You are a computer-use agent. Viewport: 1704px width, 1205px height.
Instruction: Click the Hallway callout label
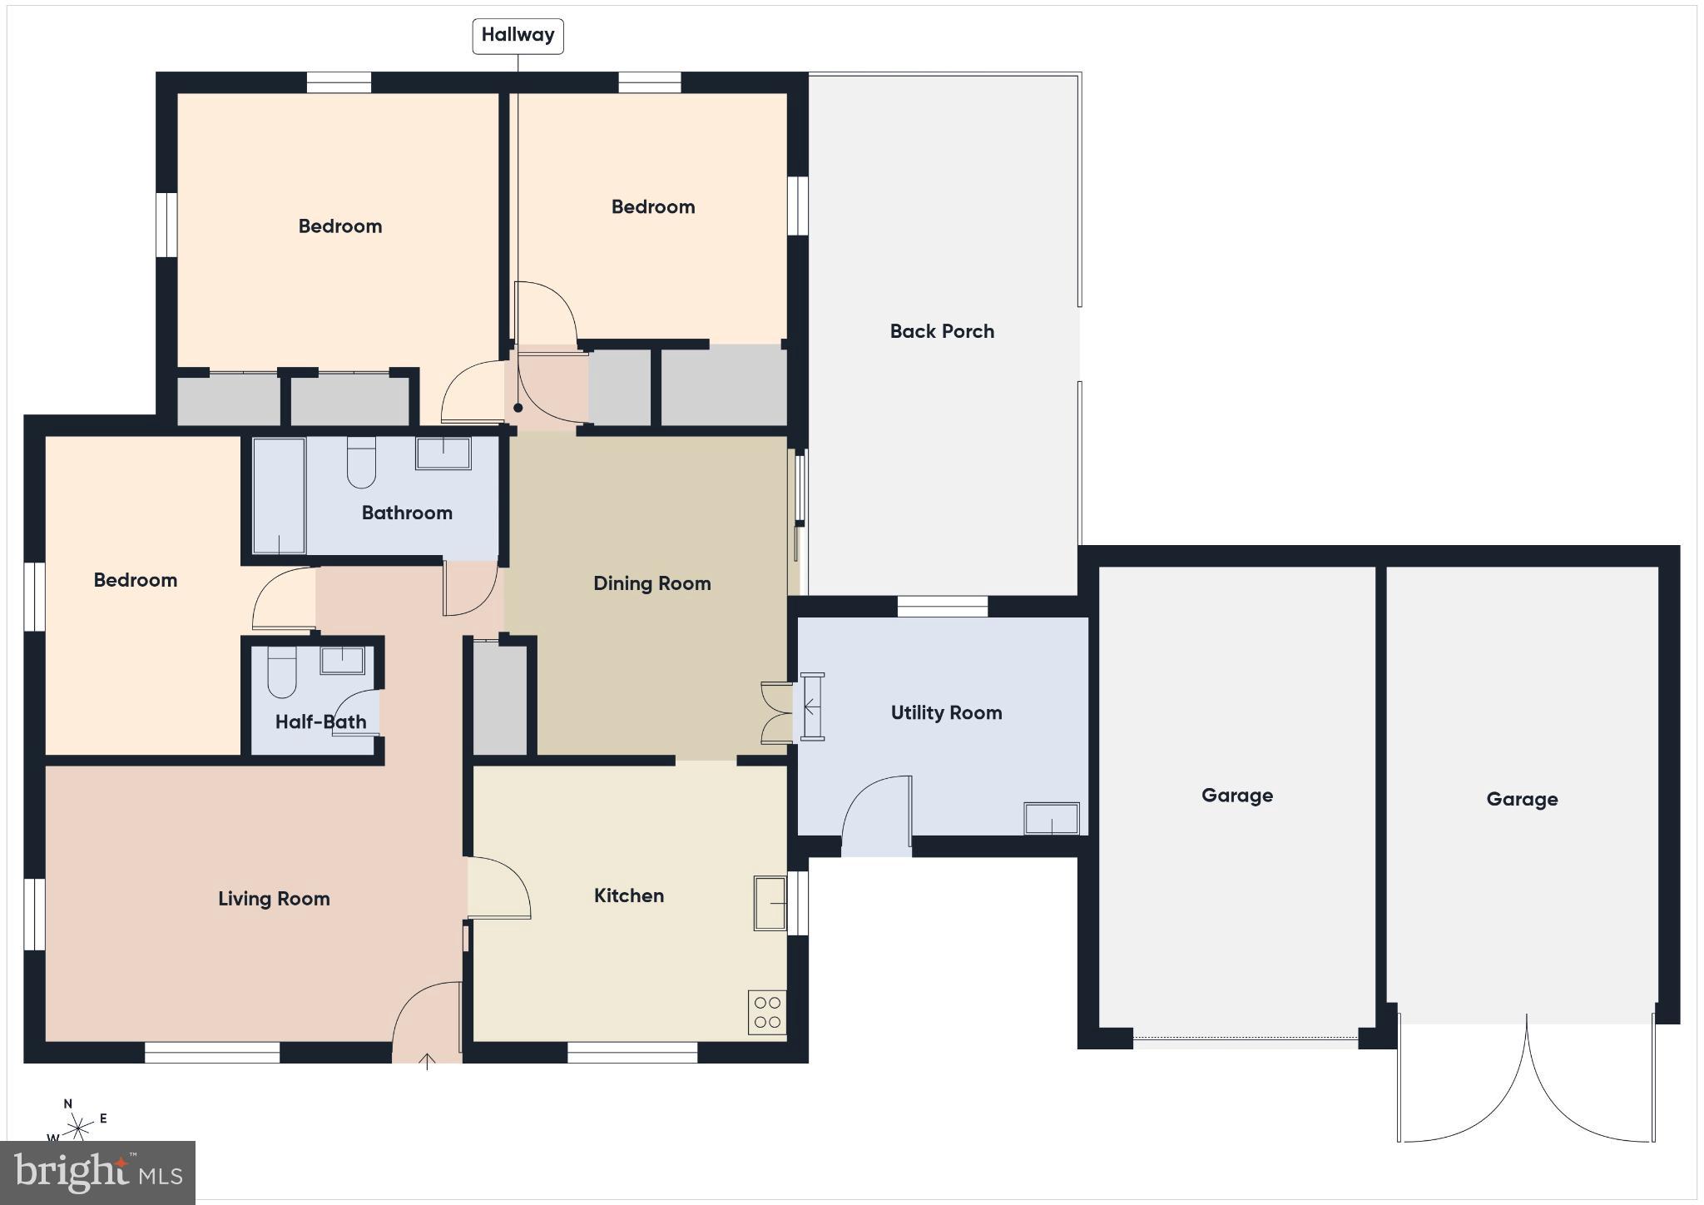518,36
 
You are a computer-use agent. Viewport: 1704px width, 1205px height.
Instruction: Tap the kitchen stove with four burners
767,1012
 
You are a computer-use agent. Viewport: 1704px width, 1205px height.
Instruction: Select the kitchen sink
770,902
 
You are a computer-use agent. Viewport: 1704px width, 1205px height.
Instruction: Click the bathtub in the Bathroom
279,495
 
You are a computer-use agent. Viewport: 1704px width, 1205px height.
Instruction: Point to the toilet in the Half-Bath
281,672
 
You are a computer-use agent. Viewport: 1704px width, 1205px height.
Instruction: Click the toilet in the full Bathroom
361,463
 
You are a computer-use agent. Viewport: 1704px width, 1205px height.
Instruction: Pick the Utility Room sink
1052,818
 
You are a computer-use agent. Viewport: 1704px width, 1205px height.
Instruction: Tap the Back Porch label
942,331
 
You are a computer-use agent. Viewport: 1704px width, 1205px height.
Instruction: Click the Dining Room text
651,583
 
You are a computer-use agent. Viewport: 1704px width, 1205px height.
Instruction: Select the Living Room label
274,899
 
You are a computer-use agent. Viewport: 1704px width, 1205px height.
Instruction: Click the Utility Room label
946,712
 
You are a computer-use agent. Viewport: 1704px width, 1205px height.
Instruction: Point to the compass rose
79,1128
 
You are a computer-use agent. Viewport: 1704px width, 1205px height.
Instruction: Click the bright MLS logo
98,1173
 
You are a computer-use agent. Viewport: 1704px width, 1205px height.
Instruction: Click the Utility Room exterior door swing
875,811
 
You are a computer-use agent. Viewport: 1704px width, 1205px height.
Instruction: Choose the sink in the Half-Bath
342,660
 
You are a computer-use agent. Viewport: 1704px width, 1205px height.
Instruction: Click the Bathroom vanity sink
443,454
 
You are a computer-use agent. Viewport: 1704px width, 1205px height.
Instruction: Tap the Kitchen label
628,895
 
